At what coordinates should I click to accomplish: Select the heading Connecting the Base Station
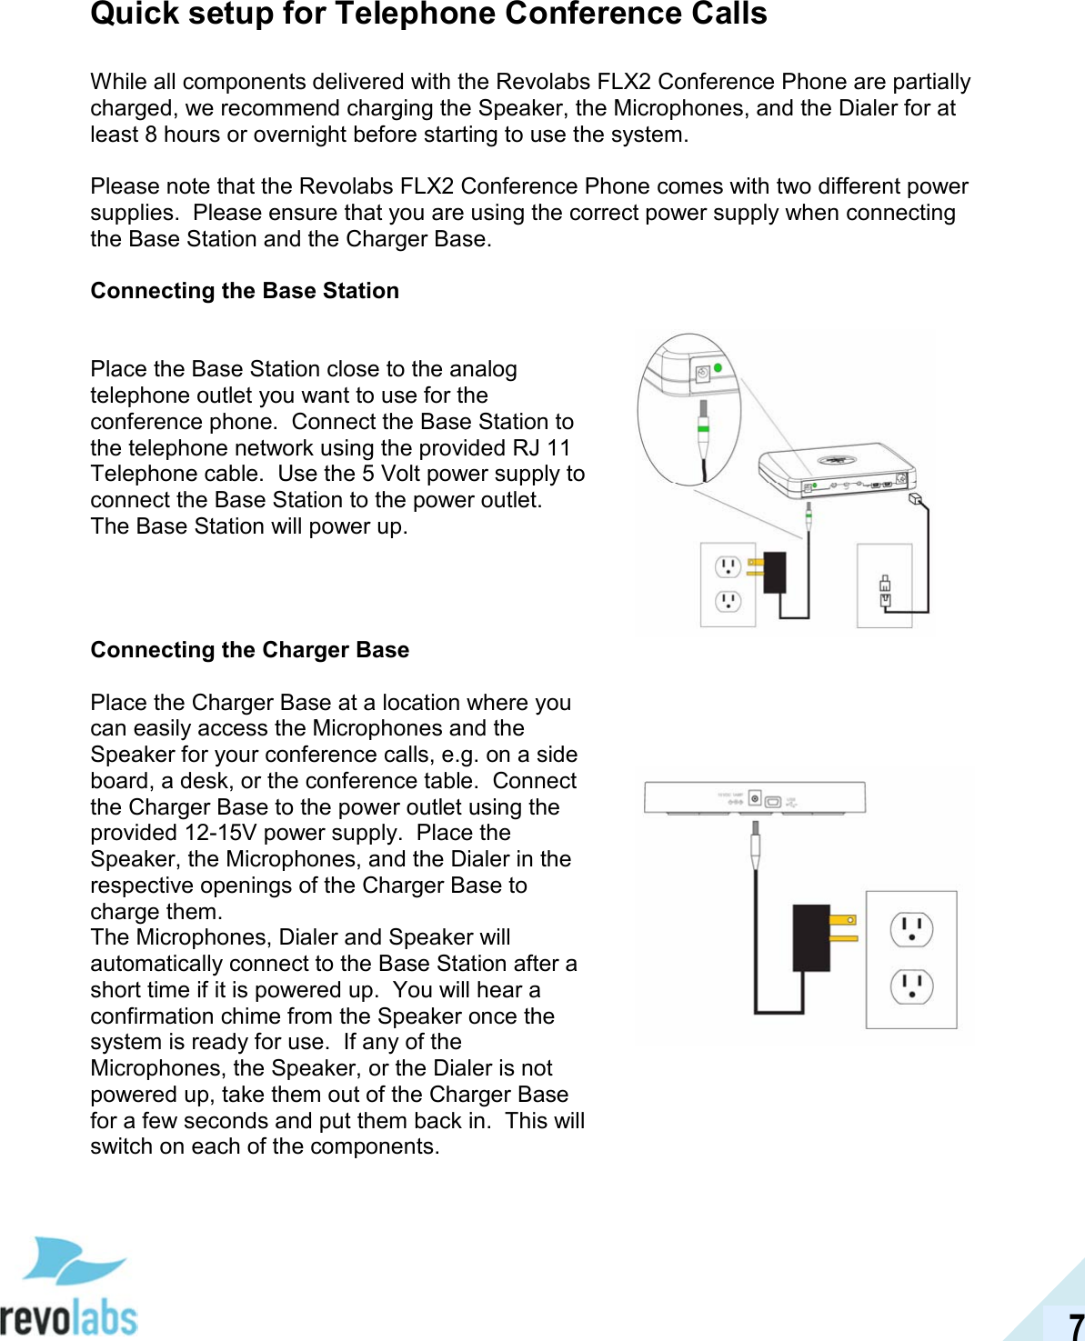[x=245, y=291]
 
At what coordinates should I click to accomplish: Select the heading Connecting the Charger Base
[x=249, y=650]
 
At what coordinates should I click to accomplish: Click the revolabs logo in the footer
[x=69, y=1317]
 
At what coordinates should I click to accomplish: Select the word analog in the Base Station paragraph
[x=483, y=369]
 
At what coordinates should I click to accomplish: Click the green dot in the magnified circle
[x=718, y=368]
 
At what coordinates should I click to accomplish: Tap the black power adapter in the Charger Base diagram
[x=812, y=937]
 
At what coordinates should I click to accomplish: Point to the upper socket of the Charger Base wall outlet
[x=911, y=929]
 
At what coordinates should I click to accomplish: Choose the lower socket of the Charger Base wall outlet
[x=911, y=986]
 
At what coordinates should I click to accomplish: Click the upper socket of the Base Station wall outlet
[x=728, y=568]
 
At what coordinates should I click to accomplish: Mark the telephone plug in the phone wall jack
[x=885, y=592]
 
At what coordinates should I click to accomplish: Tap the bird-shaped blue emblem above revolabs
[x=72, y=1260]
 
